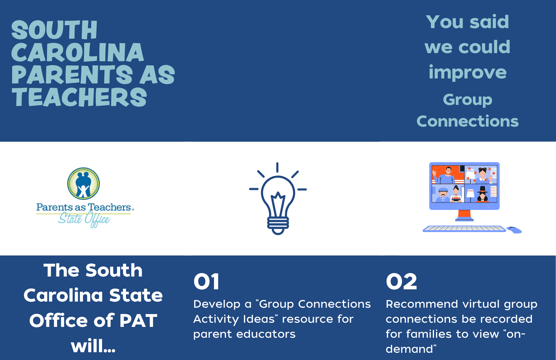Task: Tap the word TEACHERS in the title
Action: tap(79, 97)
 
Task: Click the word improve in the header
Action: tap(468, 73)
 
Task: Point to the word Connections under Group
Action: tap(468, 121)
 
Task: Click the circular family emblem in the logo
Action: tap(83, 184)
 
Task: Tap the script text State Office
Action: tap(84, 219)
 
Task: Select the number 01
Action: tap(207, 282)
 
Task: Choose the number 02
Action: tap(401, 282)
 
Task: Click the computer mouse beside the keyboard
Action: tap(514, 230)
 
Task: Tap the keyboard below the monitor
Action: tap(464, 229)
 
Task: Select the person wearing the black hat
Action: tap(482, 194)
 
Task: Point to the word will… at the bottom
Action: tap(93, 346)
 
